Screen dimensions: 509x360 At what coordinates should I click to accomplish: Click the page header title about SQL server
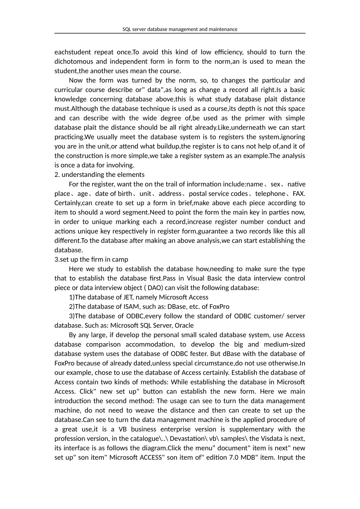point(180,29)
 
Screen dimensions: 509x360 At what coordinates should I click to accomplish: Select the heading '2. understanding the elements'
point(99,175)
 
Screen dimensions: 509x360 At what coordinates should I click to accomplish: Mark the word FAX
point(299,194)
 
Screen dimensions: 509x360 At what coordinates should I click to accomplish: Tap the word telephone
point(270,194)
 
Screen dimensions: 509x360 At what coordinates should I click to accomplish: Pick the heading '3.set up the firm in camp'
point(91,259)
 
